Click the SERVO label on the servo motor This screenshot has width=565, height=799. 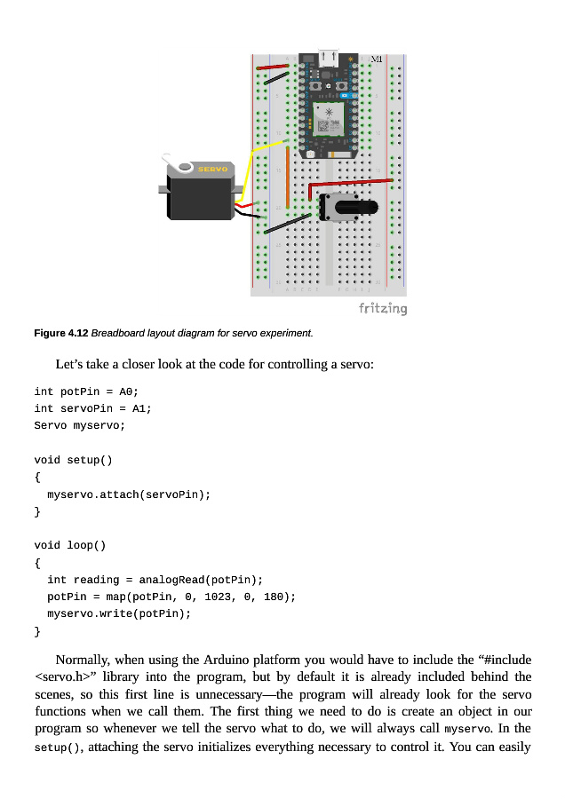pyautogui.click(x=212, y=169)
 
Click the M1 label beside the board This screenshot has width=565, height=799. pyautogui.click(x=377, y=59)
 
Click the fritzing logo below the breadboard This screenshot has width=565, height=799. pyautogui.click(x=383, y=308)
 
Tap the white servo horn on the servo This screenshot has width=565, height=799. pyautogui.click(x=183, y=166)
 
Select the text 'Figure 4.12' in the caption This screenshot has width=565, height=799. pyautogui.click(x=60, y=333)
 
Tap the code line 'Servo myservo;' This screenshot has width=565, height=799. pyautogui.click(x=80, y=425)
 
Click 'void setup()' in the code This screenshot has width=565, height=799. pyautogui.click(x=74, y=460)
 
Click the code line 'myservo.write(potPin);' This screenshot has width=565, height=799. pyautogui.click(x=119, y=613)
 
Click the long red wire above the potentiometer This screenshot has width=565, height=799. pyautogui.click(x=351, y=184)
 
